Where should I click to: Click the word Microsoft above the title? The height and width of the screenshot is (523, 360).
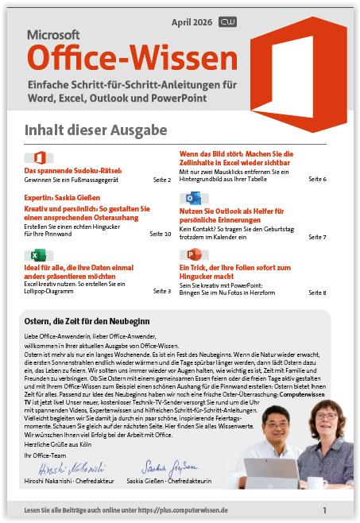[x=54, y=35]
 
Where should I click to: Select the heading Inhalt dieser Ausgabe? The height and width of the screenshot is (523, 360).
[x=95, y=130]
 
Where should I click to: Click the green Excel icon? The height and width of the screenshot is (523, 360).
[x=35, y=256]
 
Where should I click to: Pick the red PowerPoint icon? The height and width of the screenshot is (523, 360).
[x=191, y=256]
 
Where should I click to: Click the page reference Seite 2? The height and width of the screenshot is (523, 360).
[x=161, y=180]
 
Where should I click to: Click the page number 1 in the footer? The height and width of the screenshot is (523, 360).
[x=324, y=509]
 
